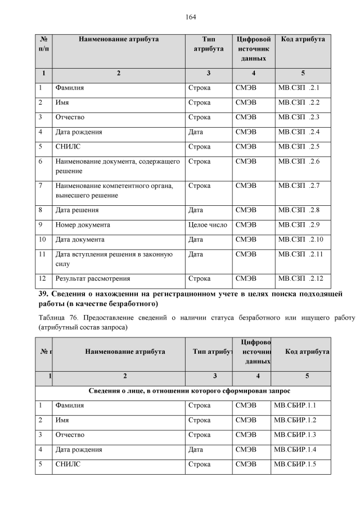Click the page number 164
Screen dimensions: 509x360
[191, 17]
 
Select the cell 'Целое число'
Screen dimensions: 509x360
[208, 225]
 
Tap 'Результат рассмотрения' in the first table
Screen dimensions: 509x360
[92, 278]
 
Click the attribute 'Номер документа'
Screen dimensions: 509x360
[82, 225]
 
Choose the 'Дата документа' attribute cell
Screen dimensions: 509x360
[79, 240]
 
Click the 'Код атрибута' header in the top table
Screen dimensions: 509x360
[303, 39]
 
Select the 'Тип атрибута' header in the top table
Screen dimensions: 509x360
[208, 44]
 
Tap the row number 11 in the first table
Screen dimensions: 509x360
[42, 254]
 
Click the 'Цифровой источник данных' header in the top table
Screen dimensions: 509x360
[253, 49]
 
